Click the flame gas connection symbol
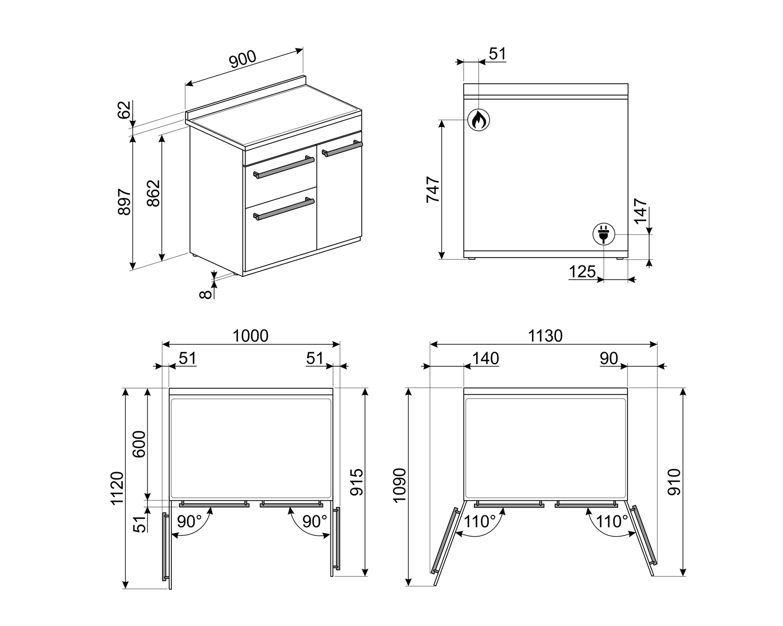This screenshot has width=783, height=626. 479,119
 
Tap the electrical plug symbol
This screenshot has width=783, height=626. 603,234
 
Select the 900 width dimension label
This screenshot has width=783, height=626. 243,59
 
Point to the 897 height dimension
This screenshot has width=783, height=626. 125,202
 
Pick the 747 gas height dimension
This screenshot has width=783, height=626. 433,189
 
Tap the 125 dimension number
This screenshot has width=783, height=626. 582,272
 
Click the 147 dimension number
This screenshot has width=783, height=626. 640,211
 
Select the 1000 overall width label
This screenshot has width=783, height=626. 251,336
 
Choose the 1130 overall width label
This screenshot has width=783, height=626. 545,336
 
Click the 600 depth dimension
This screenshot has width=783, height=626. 139,444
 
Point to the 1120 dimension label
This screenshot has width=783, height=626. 117,488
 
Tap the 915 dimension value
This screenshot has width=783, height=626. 357,483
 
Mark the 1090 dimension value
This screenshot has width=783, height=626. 399,485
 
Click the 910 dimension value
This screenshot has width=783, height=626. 674,482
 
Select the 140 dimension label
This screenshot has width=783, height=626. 485,359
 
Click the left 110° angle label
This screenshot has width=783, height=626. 480,522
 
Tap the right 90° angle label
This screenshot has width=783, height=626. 315,522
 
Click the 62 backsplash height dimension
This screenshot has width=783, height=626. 124,110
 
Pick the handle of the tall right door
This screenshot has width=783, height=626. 342,149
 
